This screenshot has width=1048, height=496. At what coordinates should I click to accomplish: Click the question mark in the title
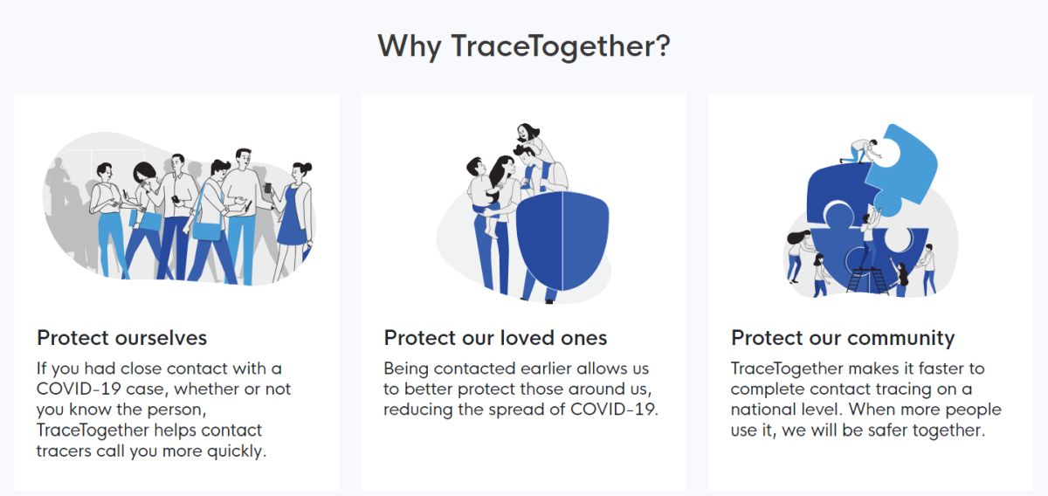tap(659, 45)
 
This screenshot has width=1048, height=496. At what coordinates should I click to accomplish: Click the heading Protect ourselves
tap(121, 338)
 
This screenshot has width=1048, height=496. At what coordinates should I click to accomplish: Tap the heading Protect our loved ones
tap(495, 338)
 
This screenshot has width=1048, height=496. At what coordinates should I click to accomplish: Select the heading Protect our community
tap(843, 338)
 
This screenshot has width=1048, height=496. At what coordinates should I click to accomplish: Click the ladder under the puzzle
tap(867, 281)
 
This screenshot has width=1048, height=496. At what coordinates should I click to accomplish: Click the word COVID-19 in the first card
tap(79, 389)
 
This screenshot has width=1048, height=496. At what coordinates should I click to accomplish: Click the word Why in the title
tap(410, 47)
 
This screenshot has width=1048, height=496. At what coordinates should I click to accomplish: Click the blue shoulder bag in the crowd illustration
tap(206, 231)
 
